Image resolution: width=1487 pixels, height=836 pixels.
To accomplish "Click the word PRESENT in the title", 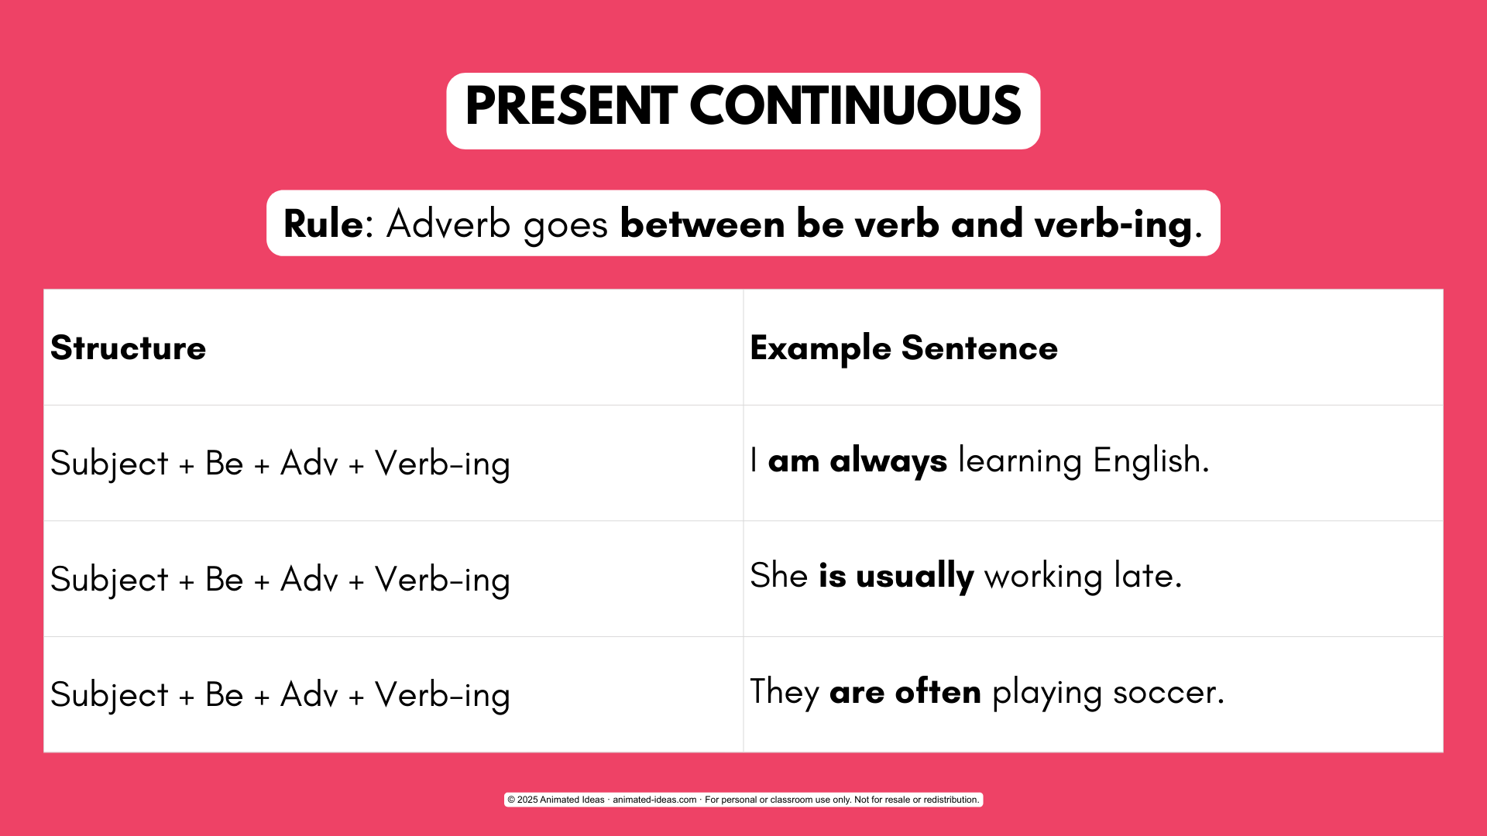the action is pyautogui.click(x=572, y=106).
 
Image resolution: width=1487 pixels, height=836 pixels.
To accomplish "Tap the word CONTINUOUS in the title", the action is pyautogui.click(x=856, y=106).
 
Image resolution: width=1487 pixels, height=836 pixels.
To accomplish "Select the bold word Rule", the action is pyautogui.click(x=323, y=224).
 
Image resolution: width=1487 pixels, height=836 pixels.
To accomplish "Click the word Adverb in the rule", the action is pyautogui.click(x=448, y=224).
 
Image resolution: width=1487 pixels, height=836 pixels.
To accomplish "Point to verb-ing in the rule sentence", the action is pyautogui.click(x=1113, y=225).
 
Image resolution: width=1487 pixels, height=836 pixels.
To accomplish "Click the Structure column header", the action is pyautogui.click(x=129, y=348).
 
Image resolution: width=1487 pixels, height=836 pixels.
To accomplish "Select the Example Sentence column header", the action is pyautogui.click(x=904, y=348).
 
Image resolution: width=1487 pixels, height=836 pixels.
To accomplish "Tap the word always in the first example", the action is pyautogui.click(x=888, y=461).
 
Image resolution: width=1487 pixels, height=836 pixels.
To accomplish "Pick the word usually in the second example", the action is pyautogui.click(x=915, y=577).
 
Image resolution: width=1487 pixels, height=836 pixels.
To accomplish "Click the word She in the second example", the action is pyautogui.click(x=779, y=576).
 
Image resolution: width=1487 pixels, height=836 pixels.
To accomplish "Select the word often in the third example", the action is pyautogui.click(x=938, y=691).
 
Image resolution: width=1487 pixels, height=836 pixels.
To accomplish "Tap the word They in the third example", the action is pyautogui.click(x=785, y=692).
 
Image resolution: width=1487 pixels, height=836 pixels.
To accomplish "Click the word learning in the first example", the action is pyautogui.click(x=1020, y=461).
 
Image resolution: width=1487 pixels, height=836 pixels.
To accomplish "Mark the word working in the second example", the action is pyautogui.click(x=1043, y=577).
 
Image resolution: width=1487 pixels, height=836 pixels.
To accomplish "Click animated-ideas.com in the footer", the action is pyautogui.click(x=654, y=800).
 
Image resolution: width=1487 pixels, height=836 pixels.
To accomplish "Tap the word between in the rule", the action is pyautogui.click(x=702, y=224).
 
